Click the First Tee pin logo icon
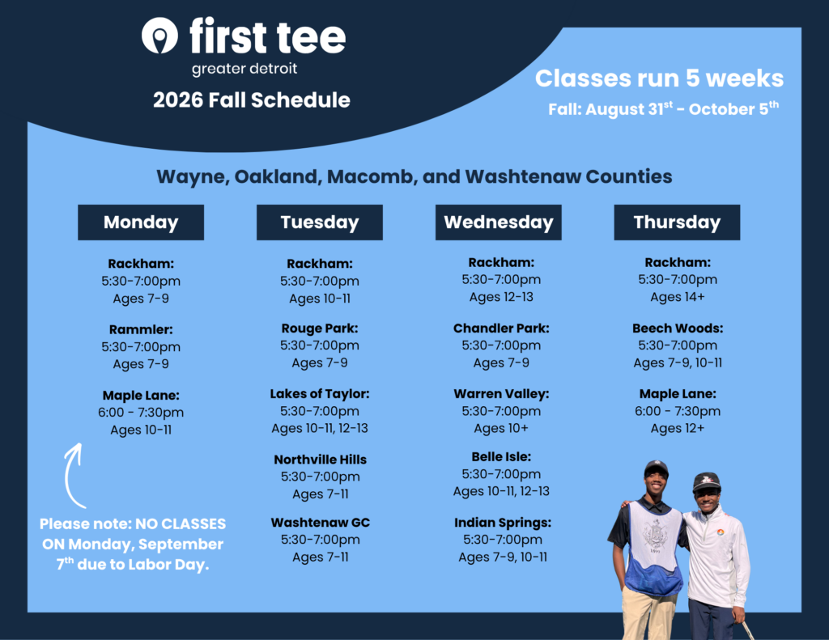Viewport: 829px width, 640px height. click(x=159, y=36)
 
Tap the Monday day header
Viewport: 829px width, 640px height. click(x=141, y=223)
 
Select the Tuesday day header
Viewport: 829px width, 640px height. click(x=319, y=223)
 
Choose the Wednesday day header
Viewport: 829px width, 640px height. click(x=498, y=223)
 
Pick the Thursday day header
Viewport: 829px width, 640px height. click(x=677, y=223)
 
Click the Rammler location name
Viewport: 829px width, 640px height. click(x=141, y=330)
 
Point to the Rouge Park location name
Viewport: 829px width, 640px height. click(x=319, y=328)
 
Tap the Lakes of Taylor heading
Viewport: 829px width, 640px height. click(x=319, y=394)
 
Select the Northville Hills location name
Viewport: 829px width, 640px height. click(x=320, y=460)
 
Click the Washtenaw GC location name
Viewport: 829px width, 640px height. click(x=320, y=523)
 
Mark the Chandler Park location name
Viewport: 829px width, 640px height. click(x=501, y=328)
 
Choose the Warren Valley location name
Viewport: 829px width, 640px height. click(x=501, y=394)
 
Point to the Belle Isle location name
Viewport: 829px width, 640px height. click(x=501, y=457)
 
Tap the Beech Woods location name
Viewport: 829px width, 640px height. click(x=678, y=328)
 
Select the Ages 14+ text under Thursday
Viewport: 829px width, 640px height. click(x=678, y=298)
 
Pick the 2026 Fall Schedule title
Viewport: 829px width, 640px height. click(x=252, y=100)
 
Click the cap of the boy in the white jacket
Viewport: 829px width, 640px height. click(x=706, y=481)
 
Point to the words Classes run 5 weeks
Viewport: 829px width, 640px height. click(x=659, y=78)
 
